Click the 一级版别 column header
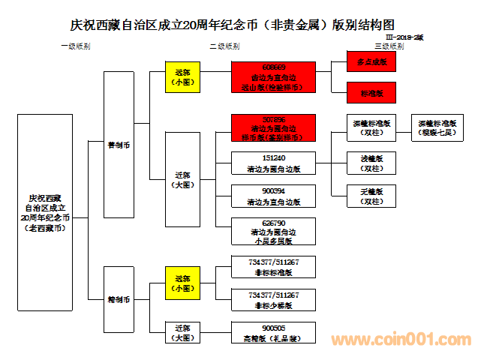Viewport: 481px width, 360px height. click(x=75, y=46)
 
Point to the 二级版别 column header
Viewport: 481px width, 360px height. click(x=225, y=46)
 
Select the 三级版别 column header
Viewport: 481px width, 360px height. click(x=389, y=46)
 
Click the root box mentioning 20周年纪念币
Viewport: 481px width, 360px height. click(x=45, y=211)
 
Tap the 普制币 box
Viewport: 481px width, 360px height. click(x=119, y=145)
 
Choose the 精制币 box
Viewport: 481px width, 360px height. click(x=119, y=298)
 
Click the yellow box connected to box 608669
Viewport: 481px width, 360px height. click(x=182, y=76)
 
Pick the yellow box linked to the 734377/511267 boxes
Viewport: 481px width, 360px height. click(x=182, y=283)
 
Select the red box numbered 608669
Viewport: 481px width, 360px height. click(x=273, y=76)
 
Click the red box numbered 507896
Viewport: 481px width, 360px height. click(x=273, y=128)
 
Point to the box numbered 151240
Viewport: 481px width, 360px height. click(x=273, y=163)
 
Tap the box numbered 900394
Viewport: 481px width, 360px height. click(x=273, y=196)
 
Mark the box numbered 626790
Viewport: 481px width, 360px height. click(x=273, y=232)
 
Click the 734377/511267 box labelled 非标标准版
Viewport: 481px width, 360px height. click(x=273, y=267)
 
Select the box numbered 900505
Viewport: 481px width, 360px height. click(x=273, y=332)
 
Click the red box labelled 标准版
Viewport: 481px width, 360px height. click(x=371, y=93)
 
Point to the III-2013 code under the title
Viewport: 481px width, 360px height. click(x=404, y=37)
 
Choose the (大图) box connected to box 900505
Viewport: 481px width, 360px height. click(x=182, y=332)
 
